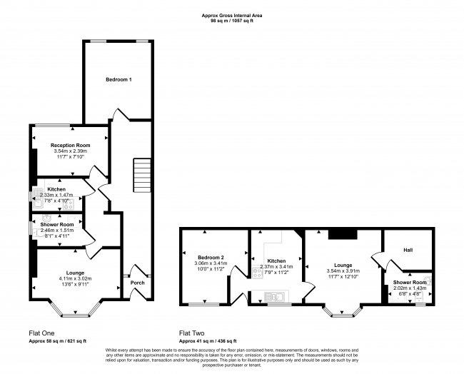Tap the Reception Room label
70,145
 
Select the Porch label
137,283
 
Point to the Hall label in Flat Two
408,250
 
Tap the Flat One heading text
42,333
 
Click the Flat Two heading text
193,333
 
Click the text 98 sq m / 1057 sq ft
232,21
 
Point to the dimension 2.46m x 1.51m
56,231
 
